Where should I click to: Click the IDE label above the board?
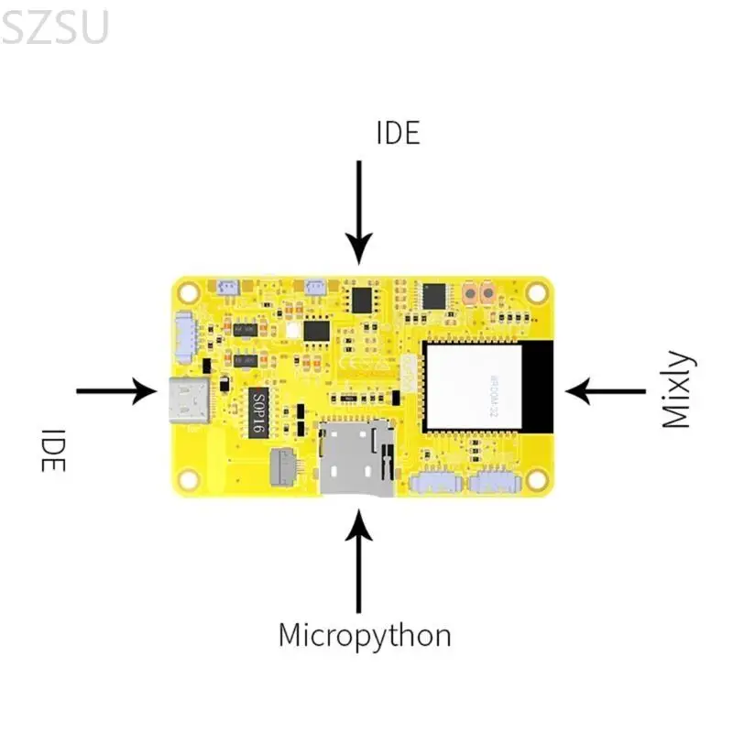point(398,133)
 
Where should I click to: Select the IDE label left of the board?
point(54,450)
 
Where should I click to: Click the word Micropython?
point(365,635)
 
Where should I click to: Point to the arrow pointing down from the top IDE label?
point(359,212)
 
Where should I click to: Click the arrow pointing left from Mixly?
point(606,391)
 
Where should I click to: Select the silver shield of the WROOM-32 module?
point(471,386)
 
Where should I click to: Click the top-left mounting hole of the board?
point(189,292)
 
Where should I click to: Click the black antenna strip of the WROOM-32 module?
point(541,386)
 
